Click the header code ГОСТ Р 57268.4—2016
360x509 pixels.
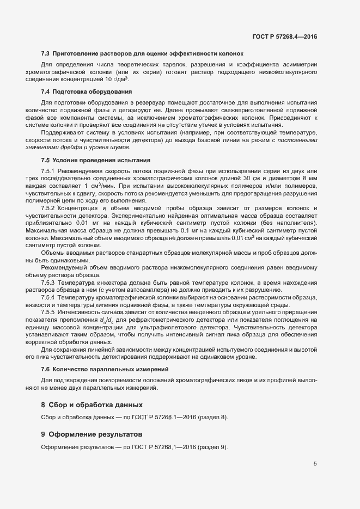(284, 38)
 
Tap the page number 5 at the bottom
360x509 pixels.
(315, 464)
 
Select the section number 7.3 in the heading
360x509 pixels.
(45, 53)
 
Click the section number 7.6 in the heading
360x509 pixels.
(45, 369)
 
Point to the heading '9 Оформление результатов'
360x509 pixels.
(91, 434)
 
